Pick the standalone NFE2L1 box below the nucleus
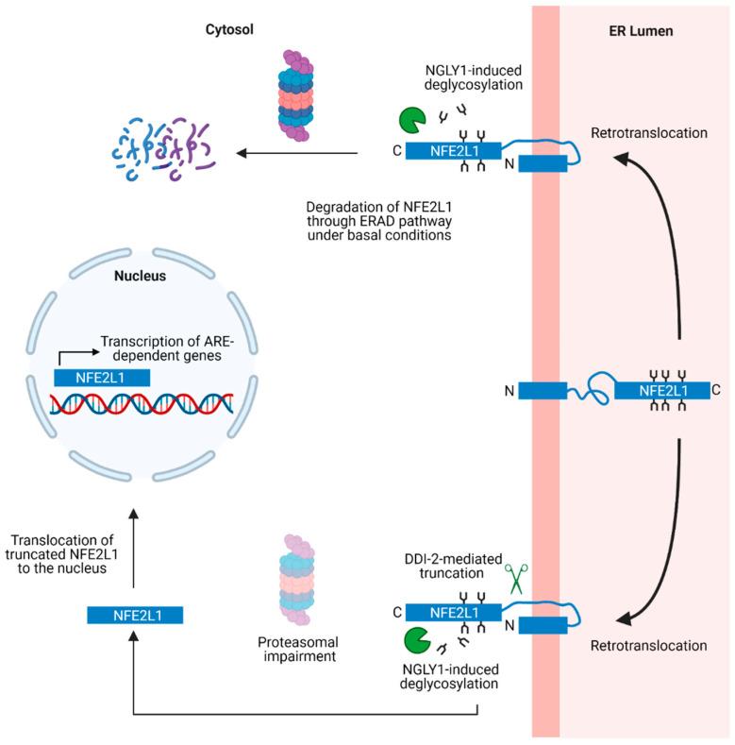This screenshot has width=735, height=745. pyautogui.click(x=134, y=615)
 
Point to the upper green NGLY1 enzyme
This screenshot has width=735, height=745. pyautogui.click(x=411, y=120)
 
